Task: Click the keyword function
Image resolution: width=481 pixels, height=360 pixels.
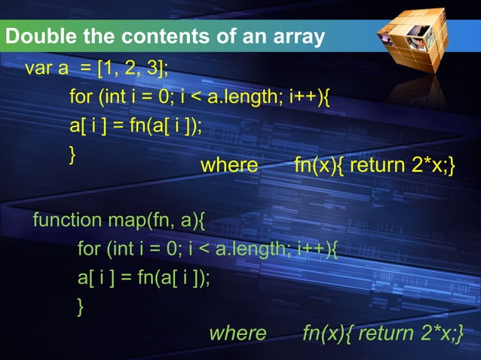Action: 66,221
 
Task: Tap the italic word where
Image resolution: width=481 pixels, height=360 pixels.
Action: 237,333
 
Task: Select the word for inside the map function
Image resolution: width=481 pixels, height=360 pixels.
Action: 89,249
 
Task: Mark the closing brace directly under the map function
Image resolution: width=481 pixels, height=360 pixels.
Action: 81,306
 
